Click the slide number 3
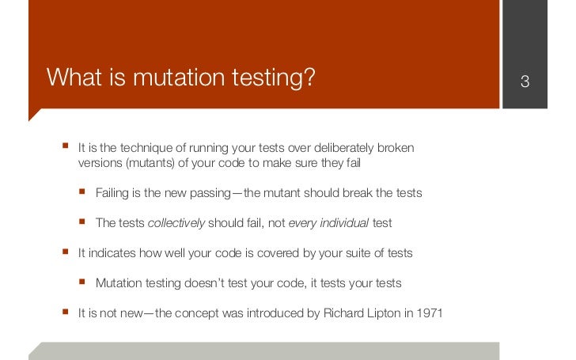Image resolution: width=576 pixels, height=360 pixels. tap(524, 82)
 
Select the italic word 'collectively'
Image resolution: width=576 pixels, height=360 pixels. tap(176, 223)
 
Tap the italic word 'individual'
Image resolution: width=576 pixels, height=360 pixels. tap(343, 223)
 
